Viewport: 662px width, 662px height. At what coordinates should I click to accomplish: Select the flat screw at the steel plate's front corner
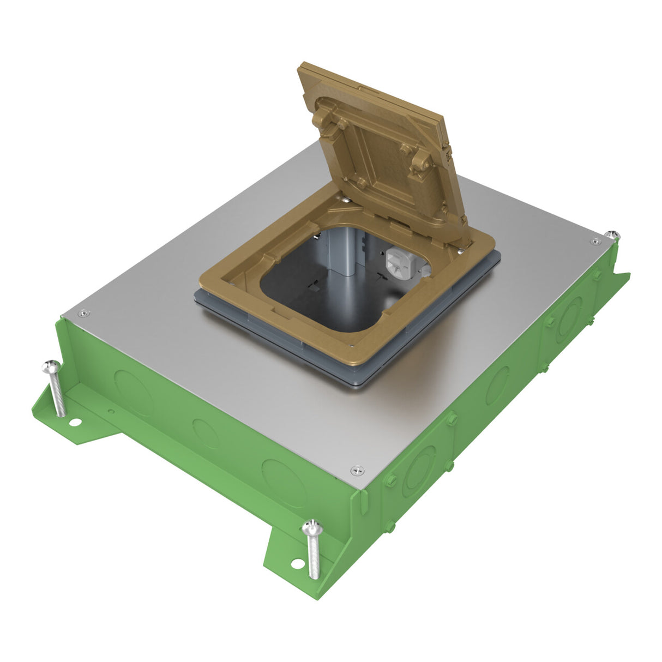(x=357, y=469)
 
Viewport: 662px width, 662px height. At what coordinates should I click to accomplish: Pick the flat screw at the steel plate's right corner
(x=593, y=242)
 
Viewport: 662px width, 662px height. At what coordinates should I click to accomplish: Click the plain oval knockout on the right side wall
(x=498, y=385)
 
